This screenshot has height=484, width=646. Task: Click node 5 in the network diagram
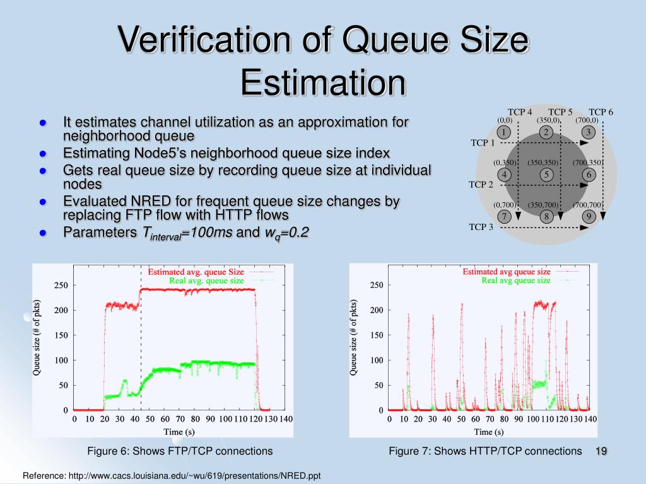pyautogui.click(x=546, y=174)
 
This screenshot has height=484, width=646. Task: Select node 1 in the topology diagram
pyautogui.click(x=503, y=132)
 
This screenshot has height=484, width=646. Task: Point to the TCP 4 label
pyautogui.click(x=520, y=112)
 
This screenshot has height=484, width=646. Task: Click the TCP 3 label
pyautogui.click(x=481, y=227)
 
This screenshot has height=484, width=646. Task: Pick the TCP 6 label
pyautogui.click(x=601, y=112)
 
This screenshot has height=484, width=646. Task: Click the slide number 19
pyautogui.click(x=601, y=451)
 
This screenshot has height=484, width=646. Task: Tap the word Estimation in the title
pyautogui.click(x=322, y=83)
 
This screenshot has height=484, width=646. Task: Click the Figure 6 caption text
pyautogui.click(x=180, y=451)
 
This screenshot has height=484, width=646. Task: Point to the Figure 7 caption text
pyautogui.click(x=485, y=451)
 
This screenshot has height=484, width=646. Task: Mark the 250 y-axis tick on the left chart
pyautogui.click(x=61, y=285)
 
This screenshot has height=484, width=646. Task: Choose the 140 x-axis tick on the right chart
pyautogui.click(x=590, y=419)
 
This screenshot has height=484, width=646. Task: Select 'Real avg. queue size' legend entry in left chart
pyautogui.click(x=205, y=280)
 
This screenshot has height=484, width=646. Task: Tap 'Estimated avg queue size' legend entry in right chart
pyautogui.click(x=506, y=272)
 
